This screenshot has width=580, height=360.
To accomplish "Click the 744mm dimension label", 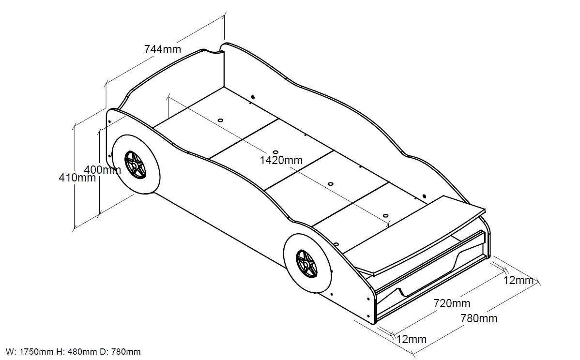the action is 162,49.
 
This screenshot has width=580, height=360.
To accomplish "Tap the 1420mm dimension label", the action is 281,160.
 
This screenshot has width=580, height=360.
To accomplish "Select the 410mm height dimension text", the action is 77,178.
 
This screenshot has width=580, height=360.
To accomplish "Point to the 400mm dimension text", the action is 103,170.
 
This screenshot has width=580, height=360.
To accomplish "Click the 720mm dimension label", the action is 452,303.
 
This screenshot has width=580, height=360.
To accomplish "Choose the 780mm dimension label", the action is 479,318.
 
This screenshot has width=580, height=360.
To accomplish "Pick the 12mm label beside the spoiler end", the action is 518,280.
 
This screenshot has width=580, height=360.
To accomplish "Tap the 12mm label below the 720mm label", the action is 412,339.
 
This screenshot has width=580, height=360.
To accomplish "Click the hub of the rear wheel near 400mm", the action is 135,165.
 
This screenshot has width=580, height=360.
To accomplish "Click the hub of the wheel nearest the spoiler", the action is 306,265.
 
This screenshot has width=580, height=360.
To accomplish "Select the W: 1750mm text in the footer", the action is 30,351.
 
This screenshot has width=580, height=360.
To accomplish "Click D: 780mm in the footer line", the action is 120,351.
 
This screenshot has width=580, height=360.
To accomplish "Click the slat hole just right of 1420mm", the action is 330,184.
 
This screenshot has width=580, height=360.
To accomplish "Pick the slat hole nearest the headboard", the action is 220,120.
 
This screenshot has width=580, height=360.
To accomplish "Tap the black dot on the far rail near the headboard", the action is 253,98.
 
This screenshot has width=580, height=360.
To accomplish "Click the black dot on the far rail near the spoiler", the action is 424,196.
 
